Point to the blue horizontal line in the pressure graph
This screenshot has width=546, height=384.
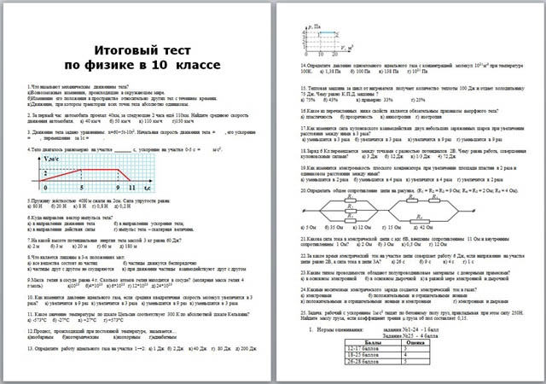point(312,35)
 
